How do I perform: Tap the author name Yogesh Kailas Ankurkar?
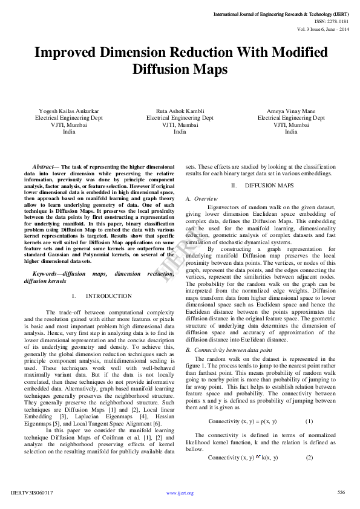pos(68,111)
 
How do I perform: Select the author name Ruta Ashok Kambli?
pos(180,111)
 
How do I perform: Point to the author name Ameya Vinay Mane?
pos(291,111)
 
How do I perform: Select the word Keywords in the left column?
pos(46,274)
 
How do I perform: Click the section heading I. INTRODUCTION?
pos(101,296)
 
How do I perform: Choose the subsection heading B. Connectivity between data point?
pos(229,350)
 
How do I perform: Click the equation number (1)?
pos(309,421)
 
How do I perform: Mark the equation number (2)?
pos(309,457)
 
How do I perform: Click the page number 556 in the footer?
pos(341,493)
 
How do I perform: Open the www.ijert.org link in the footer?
pos(180,493)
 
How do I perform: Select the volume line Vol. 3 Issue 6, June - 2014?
pos(323,28)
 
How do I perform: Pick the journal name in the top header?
pos(281,13)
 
